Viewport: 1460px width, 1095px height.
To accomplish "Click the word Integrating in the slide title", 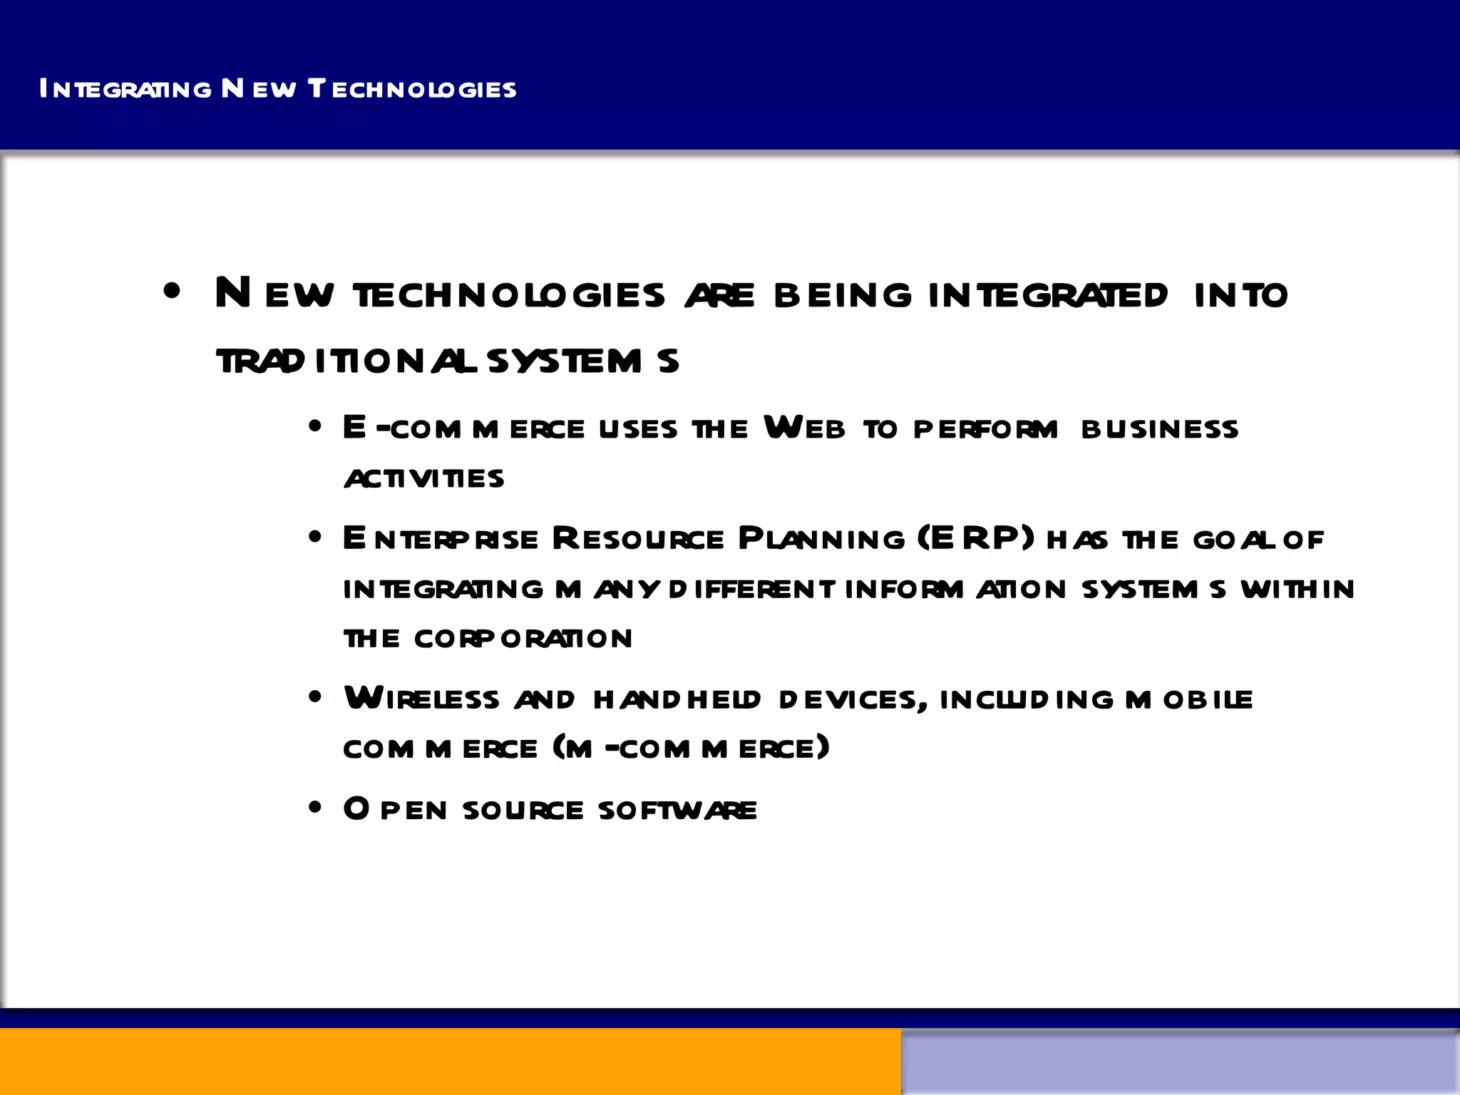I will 125,89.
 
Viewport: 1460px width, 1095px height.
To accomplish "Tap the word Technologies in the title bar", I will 412,89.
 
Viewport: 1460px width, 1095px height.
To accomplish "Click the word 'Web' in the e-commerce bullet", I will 804,428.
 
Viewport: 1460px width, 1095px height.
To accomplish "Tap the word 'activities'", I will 425,478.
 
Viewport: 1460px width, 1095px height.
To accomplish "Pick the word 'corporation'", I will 523,638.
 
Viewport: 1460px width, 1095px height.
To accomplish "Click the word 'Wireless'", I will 421,699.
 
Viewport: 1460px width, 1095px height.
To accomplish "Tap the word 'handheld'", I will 677,699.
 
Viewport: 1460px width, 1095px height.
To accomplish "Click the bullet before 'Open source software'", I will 315,808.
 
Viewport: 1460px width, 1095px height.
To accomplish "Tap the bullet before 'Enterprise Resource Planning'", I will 315,538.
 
